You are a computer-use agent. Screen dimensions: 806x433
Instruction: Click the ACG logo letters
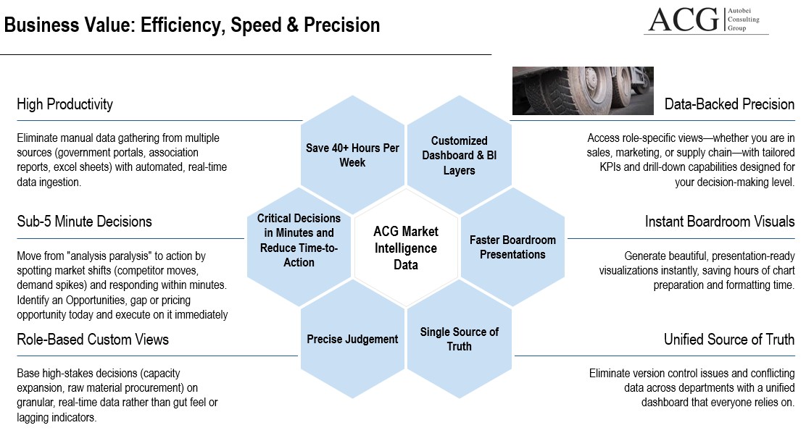(684, 20)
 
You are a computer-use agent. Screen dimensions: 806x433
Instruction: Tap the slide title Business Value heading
(192, 25)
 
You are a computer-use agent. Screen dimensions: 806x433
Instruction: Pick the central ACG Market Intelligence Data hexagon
(406, 248)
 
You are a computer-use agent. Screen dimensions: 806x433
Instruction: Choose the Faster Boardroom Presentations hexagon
(512, 247)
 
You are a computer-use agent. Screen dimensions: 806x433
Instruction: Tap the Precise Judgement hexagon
(352, 339)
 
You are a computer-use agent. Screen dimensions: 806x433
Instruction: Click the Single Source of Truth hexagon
(459, 339)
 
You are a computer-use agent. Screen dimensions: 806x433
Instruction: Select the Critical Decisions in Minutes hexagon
(299, 247)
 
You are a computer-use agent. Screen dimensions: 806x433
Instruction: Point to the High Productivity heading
(65, 104)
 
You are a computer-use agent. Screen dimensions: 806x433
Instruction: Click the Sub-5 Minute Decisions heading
(84, 222)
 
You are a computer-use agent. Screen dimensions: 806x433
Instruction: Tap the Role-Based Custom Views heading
(93, 339)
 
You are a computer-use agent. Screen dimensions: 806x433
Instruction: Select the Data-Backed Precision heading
(729, 104)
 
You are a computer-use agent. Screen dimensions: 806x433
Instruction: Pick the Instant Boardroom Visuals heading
(720, 222)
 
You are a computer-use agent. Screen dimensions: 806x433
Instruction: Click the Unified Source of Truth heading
(729, 339)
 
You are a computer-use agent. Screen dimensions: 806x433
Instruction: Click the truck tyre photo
(583, 91)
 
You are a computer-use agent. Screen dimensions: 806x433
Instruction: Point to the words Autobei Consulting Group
(743, 20)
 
